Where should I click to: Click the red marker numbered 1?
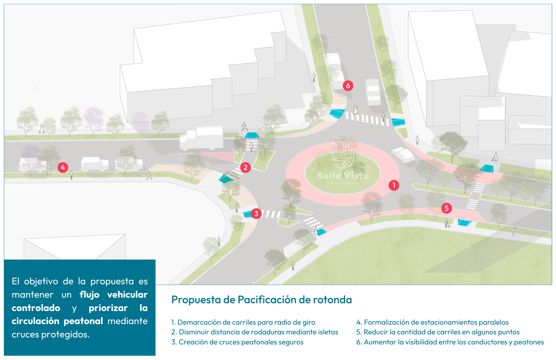click(394, 185)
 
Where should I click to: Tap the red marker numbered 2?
click(245, 167)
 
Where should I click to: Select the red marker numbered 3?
click(256, 214)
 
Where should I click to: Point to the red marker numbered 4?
click(63, 167)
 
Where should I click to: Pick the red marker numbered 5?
click(446, 208)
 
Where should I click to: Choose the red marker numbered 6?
click(348, 86)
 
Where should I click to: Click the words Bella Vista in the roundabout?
click(343, 176)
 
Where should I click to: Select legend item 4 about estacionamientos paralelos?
click(432, 322)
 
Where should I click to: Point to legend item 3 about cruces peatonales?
click(237, 342)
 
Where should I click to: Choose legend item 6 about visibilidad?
click(450, 342)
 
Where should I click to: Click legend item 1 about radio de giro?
click(243, 322)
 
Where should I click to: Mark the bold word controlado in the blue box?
click(36, 308)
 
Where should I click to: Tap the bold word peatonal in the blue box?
click(83, 321)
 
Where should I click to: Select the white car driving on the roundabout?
click(403, 154)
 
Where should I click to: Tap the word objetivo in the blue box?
click(41, 281)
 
